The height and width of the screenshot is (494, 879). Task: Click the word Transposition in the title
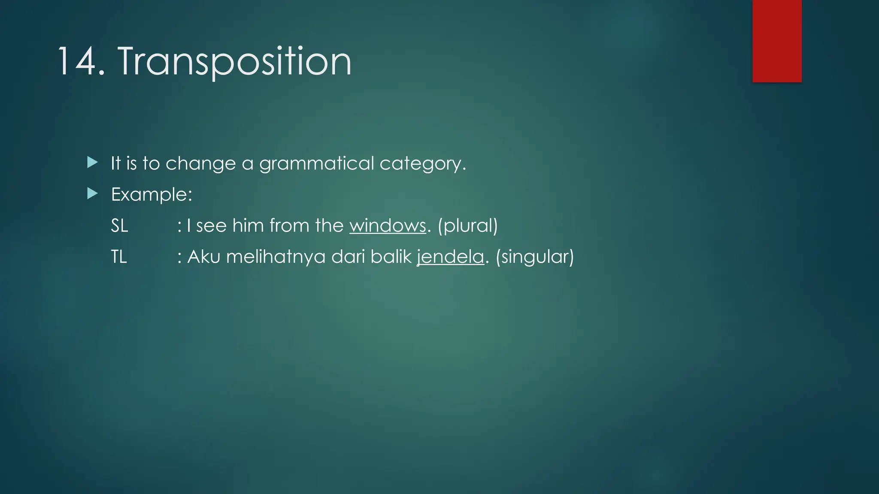pyautogui.click(x=234, y=62)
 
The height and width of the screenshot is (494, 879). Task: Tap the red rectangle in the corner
pyautogui.click(x=777, y=41)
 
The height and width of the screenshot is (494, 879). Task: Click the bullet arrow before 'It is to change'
pyautogui.click(x=92, y=163)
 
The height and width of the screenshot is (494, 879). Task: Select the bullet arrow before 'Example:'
pyautogui.click(x=92, y=194)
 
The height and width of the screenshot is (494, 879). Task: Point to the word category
pyautogui.click(x=421, y=164)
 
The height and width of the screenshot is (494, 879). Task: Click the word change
pyautogui.click(x=200, y=164)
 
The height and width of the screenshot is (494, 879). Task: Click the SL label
pyautogui.click(x=119, y=226)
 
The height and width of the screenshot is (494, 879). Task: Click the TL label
pyautogui.click(x=119, y=257)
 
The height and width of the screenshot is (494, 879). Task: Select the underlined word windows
pyautogui.click(x=388, y=226)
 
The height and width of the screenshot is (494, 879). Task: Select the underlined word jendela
pyautogui.click(x=450, y=257)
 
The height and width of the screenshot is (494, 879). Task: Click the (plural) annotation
pyautogui.click(x=468, y=226)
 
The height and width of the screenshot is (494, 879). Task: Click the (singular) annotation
pyautogui.click(x=534, y=257)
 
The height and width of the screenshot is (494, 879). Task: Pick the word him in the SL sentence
pyautogui.click(x=248, y=226)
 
